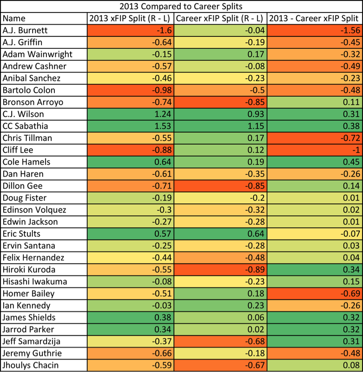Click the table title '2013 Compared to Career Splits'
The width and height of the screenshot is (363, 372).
tap(181, 6)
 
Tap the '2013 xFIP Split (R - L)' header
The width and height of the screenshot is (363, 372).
tap(131, 19)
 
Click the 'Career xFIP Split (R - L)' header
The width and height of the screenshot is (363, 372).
tap(220, 19)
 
